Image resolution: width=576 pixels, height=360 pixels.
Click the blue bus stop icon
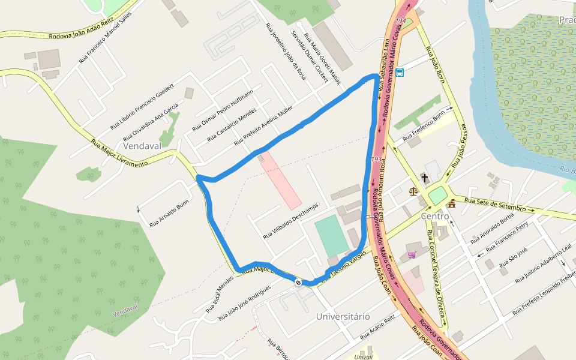coord(400,73)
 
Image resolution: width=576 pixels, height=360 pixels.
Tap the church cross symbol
coord(425,178)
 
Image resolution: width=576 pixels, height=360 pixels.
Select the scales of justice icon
coord(413,191)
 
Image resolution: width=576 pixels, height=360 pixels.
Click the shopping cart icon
coord(412,255)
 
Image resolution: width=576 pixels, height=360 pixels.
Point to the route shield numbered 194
coord(401,22)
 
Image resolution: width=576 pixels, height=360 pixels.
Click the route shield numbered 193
coord(377,159)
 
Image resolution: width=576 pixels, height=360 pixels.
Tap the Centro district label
coord(435,216)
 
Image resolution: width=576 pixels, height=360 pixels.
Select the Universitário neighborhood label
coord(343,316)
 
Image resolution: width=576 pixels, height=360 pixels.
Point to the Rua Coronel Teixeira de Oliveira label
coord(436,273)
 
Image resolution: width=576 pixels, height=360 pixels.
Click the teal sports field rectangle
coord(332,236)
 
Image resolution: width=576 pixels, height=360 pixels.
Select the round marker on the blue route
coord(298,281)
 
